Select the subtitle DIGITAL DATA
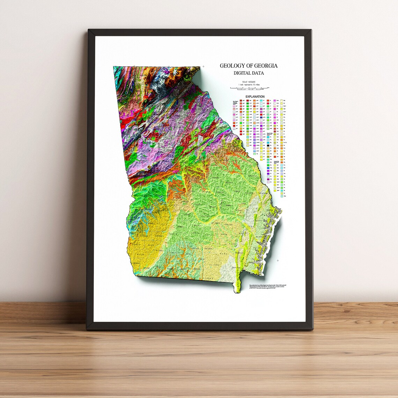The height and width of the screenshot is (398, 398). tap(249, 73)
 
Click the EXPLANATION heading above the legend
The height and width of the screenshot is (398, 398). tap(255, 97)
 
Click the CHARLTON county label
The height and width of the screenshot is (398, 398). tap(236, 267)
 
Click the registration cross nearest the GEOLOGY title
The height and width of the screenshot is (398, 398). tap(203, 66)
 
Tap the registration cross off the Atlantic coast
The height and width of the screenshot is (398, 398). tap(278, 260)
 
